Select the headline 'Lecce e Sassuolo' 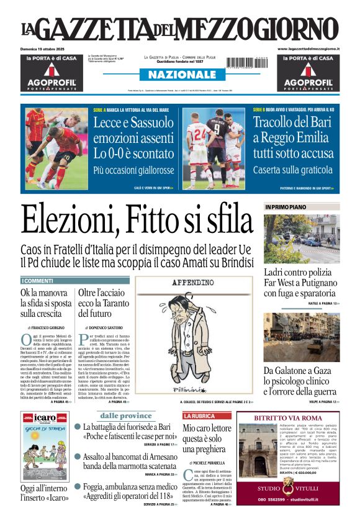pyautogui.click(x=133, y=122)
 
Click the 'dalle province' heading pyautogui.click(x=126, y=416)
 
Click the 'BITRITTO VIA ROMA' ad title pyautogui.click(x=288, y=418)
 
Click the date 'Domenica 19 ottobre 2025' pyautogui.click(x=48, y=48)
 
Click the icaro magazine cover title pyautogui.click(x=45, y=417)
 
